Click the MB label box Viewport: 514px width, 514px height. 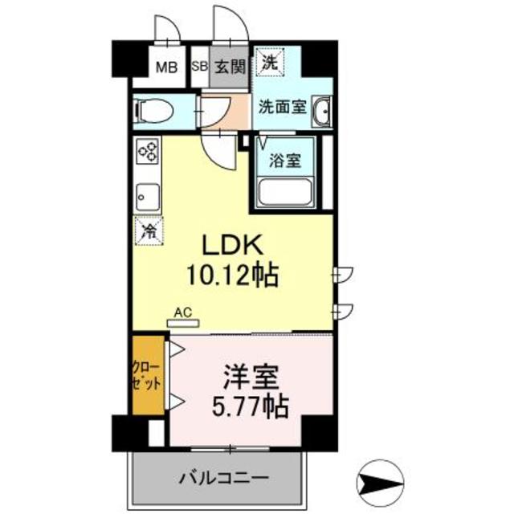(165, 67)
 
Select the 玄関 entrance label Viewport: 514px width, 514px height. (230, 67)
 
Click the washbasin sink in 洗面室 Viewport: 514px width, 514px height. (320, 111)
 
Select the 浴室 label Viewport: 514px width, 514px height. (286, 159)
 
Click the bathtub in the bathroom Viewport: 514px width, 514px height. (287, 194)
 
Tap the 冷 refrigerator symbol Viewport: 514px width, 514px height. (149, 230)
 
